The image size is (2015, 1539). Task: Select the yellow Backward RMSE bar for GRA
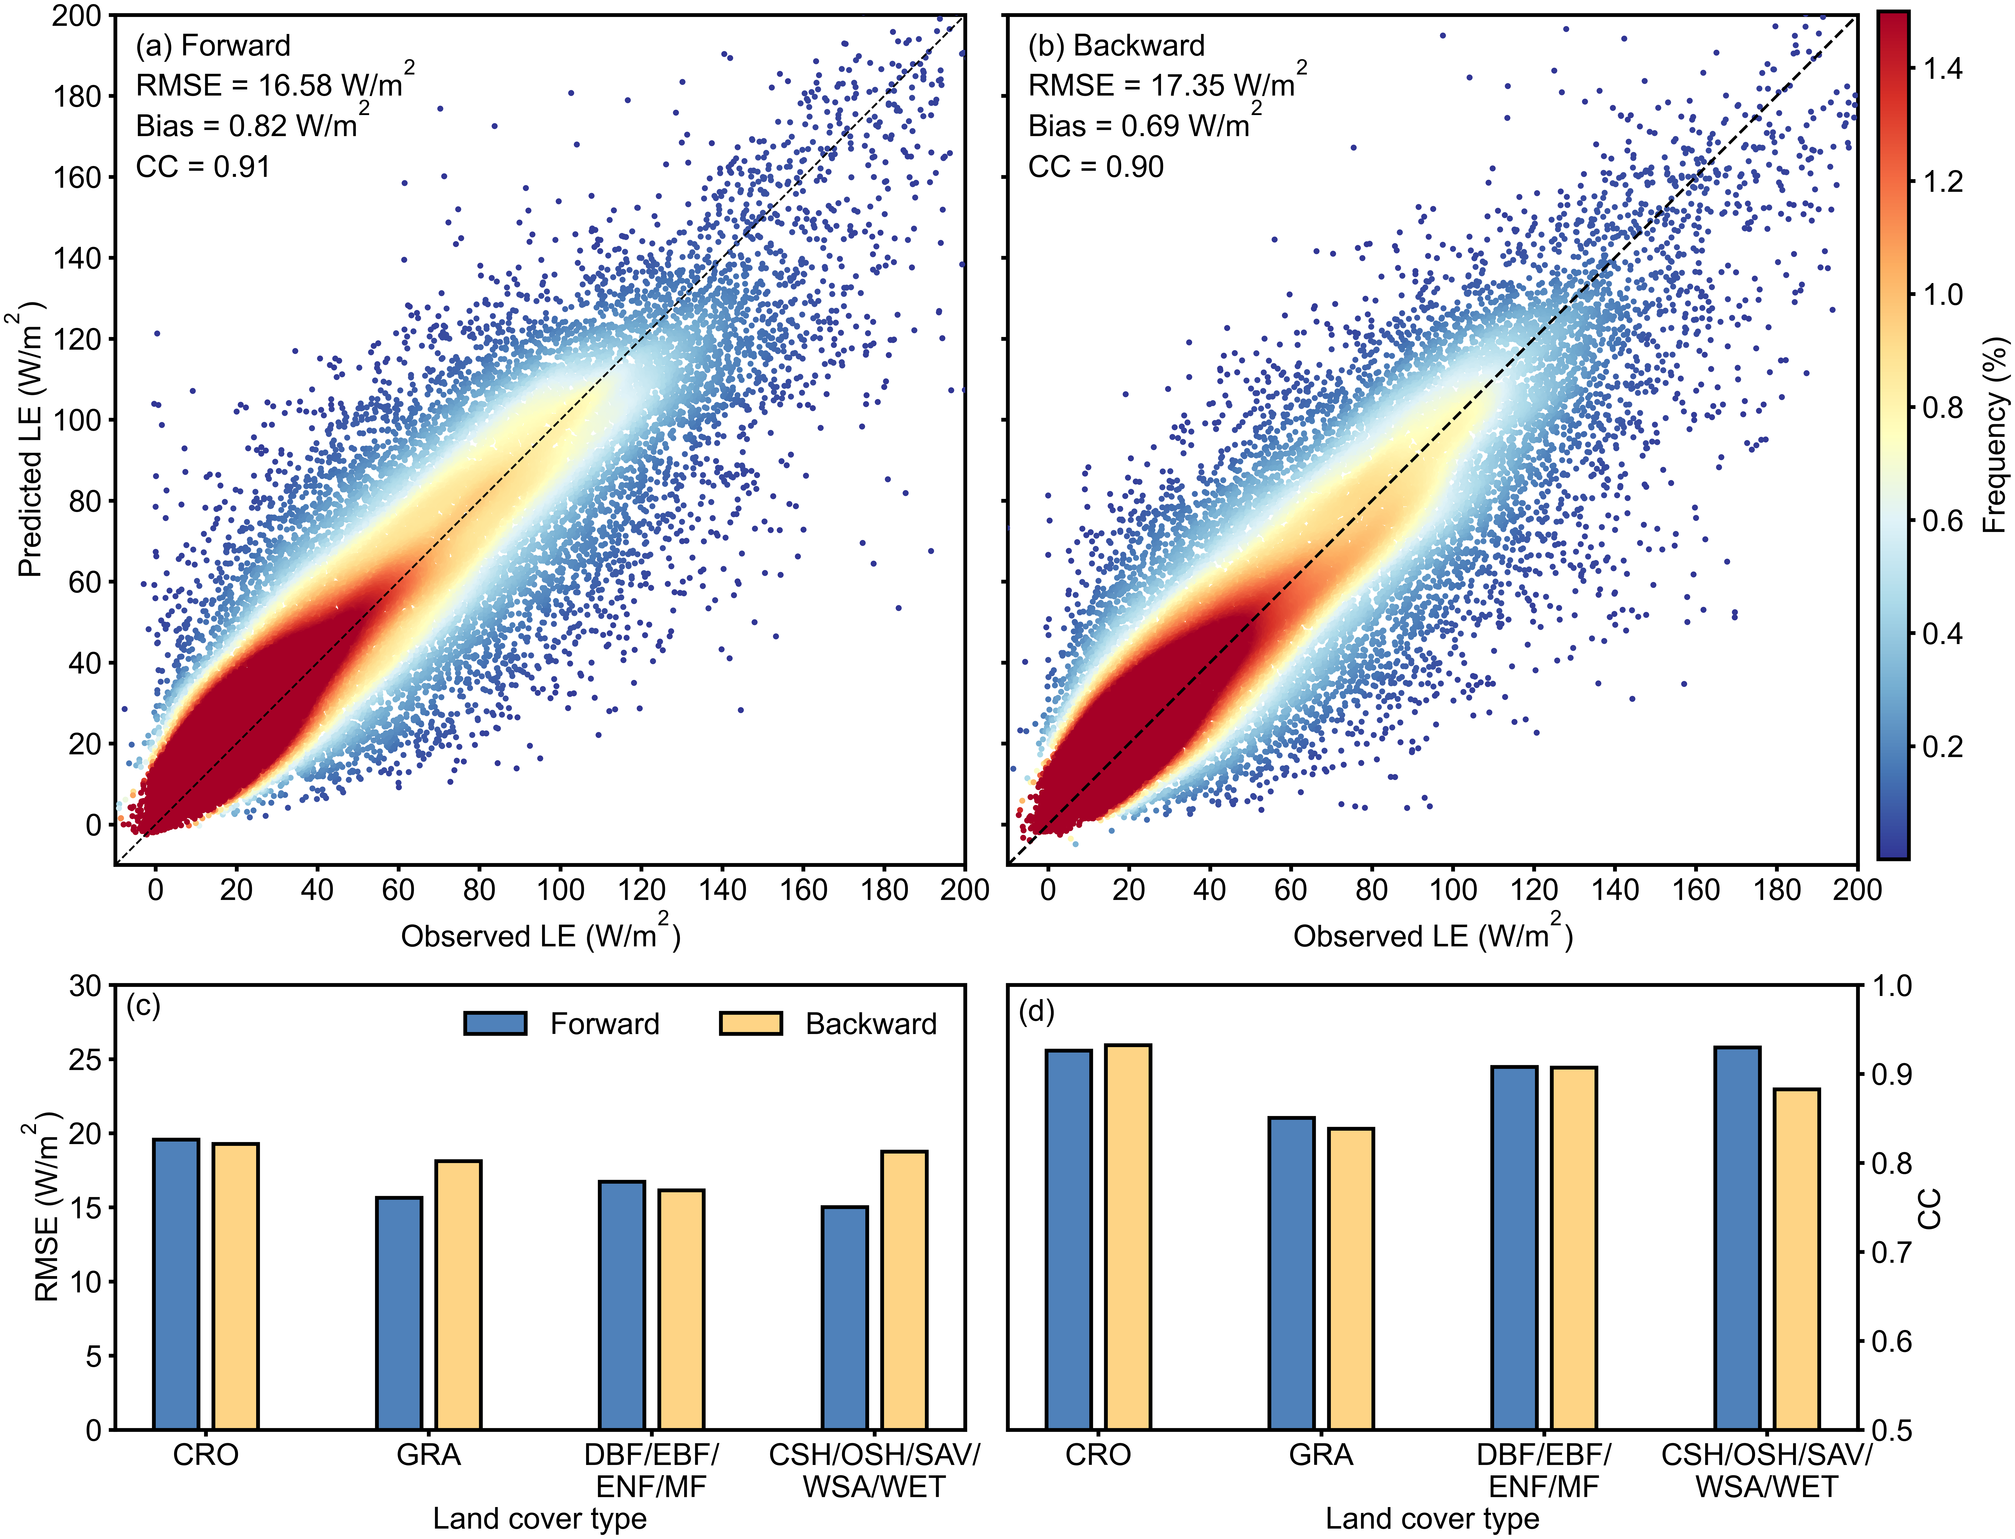click(x=458, y=1295)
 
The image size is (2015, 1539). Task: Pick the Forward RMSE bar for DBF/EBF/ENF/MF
click(x=622, y=1305)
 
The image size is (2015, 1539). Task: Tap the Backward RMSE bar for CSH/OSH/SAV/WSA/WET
click(x=904, y=1290)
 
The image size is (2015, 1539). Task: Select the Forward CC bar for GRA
click(x=1291, y=1273)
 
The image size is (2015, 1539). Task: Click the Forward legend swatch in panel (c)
click(x=496, y=1023)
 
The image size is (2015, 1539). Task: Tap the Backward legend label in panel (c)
click(x=871, y=1023)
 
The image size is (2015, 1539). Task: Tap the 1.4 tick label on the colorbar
click(x=1942, y=69)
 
